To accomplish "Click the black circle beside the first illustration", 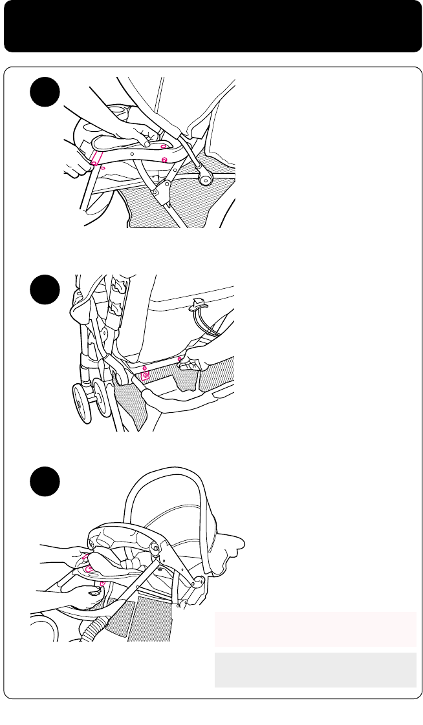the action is coord(45,94).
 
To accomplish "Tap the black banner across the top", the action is coord(211,26).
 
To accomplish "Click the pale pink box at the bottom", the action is coord(315,629).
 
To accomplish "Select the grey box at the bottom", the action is coord(315,670).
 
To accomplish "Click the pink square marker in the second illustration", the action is coord(146,374).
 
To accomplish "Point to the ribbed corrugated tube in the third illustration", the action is coord(94,624).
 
